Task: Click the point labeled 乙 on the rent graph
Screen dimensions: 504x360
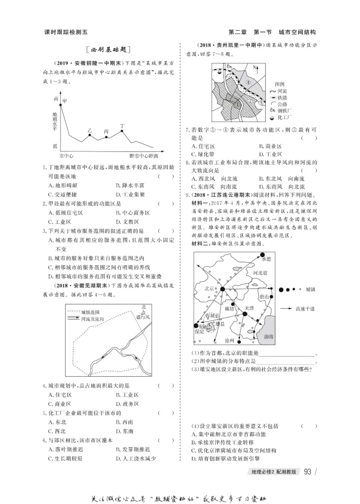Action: (x=90, y=135)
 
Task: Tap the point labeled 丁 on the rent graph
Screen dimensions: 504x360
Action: (x=122, y=131)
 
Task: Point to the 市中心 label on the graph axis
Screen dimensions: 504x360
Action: (x=66, y=156)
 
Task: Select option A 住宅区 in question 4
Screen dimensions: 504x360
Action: (x=63, y=394)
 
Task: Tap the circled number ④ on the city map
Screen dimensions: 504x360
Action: (x=249, y=82)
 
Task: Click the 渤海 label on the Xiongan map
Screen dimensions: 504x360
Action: (x=269, y=336)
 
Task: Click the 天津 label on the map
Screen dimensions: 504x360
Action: (x=250, y=308)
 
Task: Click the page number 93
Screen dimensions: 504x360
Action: (x=308, y=472)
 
